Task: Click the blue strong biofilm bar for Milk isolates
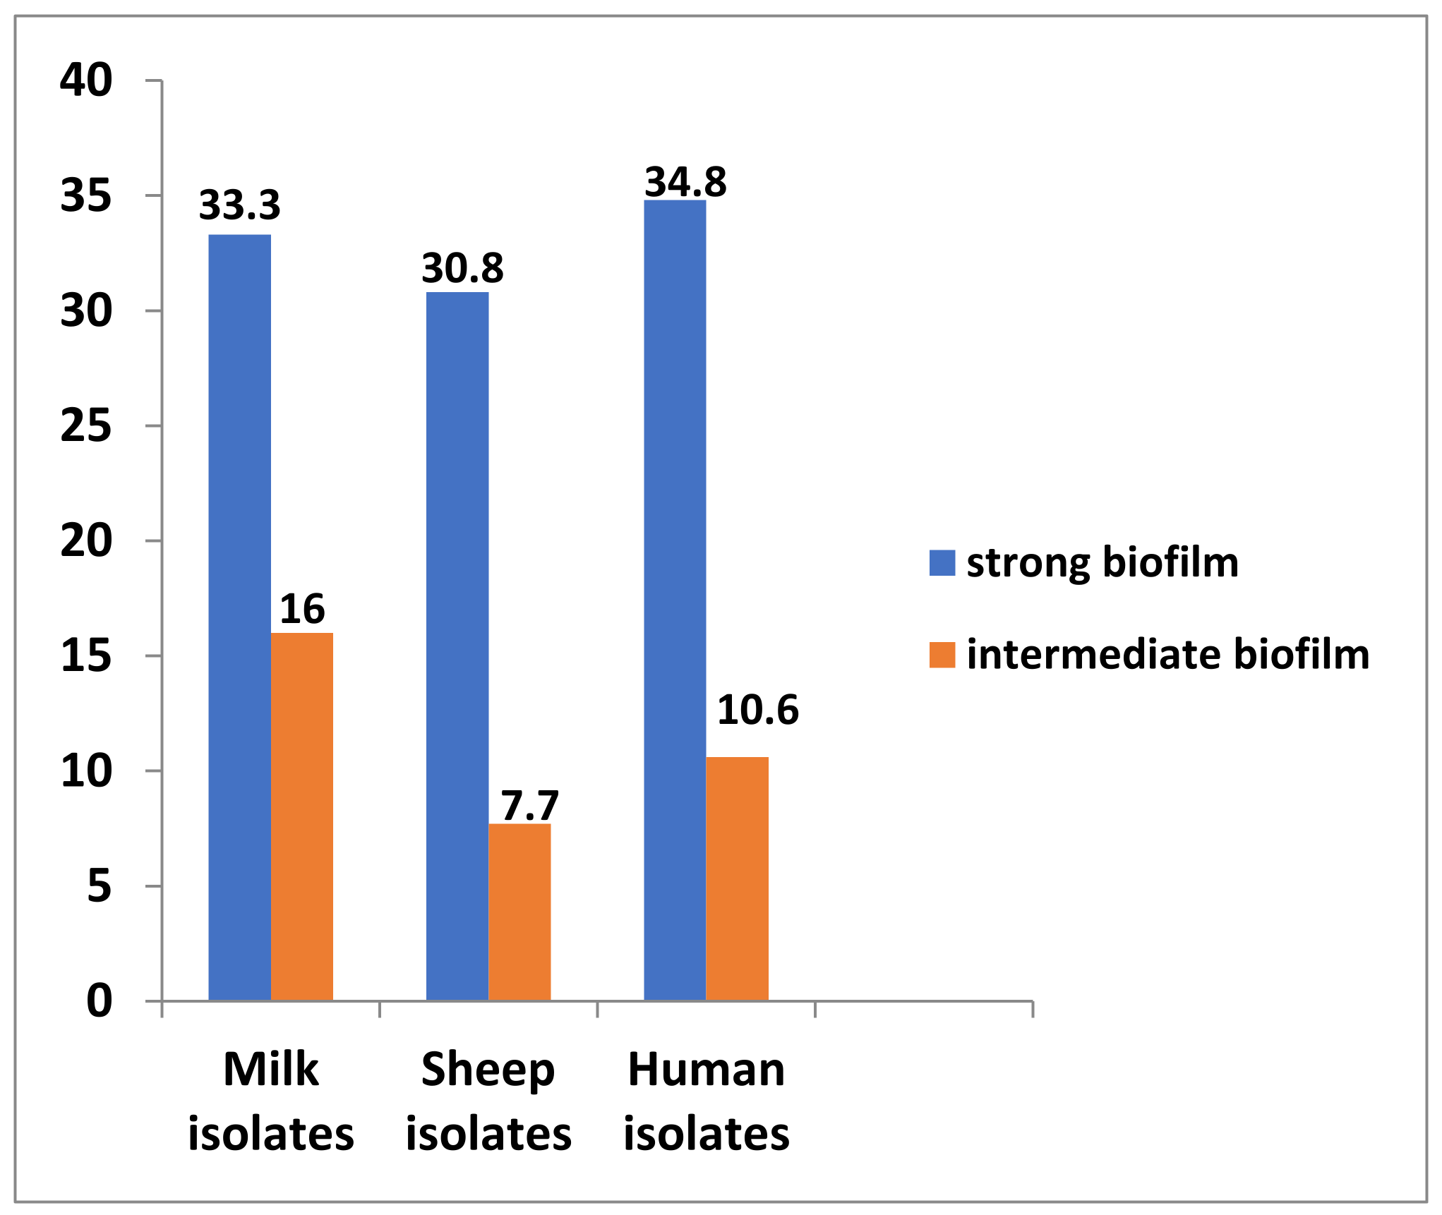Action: [239, 617]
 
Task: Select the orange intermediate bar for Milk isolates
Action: [302, 816]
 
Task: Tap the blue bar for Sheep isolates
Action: [457, 646]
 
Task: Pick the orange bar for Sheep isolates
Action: [519, 912]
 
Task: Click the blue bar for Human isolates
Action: [675, 600]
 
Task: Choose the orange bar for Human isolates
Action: [737, 878]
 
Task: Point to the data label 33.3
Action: [239, 205]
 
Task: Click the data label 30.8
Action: [462, 268]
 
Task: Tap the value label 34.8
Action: [685, 182]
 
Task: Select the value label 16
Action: [302, 608]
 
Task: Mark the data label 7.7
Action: [529, 805]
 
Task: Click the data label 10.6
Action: [757, 710]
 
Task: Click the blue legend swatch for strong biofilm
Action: [942, 563]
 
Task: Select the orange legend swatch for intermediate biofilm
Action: [942, 655]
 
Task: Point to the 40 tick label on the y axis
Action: [85, 80]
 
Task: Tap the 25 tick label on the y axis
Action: [85, 426]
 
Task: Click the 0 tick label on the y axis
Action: [99, 1001]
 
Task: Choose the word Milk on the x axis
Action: [271, 1070]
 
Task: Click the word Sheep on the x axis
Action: [488, 1070]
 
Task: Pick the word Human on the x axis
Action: [706, 1070]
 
